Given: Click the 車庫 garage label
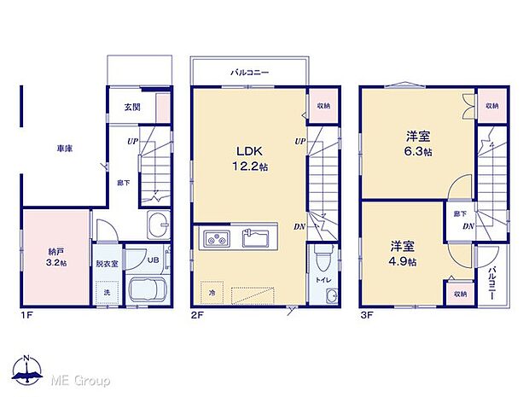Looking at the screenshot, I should pyautogui.click(x=65, y=149).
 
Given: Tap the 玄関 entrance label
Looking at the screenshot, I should pyautogui.click(x=132, y=107).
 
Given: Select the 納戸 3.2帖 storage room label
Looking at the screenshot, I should pyautogui.click(x=56, y=258).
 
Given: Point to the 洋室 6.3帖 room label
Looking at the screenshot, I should pyautogui.click(x=416, y=143).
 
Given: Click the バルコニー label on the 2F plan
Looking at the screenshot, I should pyautogui.click(x=250, y=73).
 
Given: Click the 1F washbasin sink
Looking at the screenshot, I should pyautogui.click(x=159, y=227).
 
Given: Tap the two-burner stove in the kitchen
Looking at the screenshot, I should pyautogui.click(x=216, y=236).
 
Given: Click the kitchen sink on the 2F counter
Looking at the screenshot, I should pyautogui.click(x=256, y=236).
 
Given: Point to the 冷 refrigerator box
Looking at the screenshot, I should pyautogui.click(x=212, y=293).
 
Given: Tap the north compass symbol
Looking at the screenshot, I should pyautogui.click(x=28, y=371).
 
